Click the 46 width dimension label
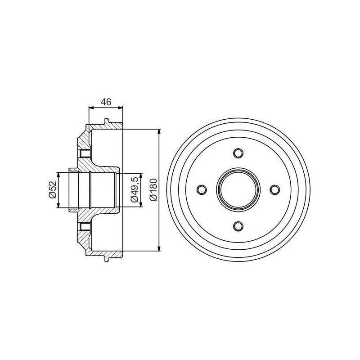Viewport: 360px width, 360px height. [x=106, y=102]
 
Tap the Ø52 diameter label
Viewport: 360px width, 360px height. [x=53, y=189]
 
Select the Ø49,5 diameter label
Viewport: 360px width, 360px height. [x=135, y=189]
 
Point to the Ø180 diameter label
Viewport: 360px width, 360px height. [x=153, y=189]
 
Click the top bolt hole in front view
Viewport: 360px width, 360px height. [x=238, y=153]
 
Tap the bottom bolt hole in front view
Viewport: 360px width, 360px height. [x=238, y=226]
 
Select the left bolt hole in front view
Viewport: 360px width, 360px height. [x=202, y=189]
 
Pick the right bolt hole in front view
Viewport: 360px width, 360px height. [x=274, y=189]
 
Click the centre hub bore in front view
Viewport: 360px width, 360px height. [x=238, y=189]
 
